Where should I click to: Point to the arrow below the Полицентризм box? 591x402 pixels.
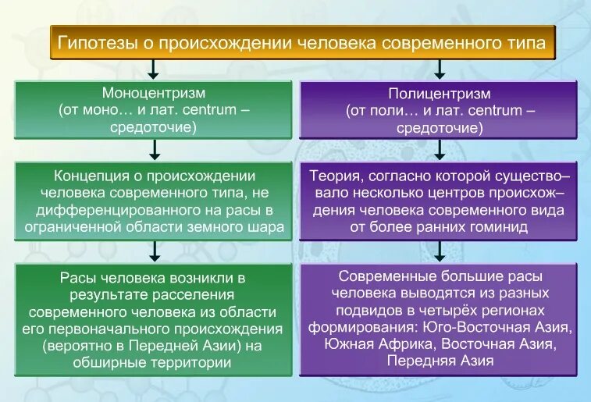tap(440, 147)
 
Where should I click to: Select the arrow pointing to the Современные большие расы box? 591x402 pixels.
tap(440, 251)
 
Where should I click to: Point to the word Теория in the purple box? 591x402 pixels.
tap(335, 176)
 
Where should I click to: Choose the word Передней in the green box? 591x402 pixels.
tap(171, 346)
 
